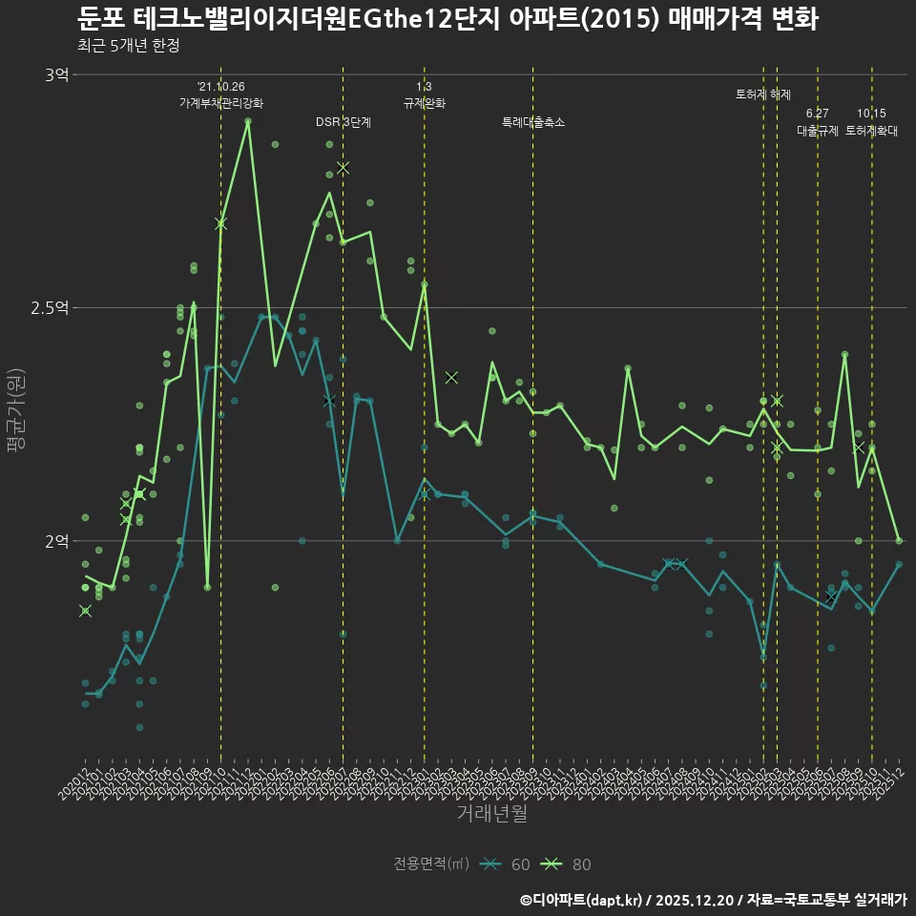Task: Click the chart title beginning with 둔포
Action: [x=447, y=19]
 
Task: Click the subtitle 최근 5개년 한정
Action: [x=128, y=46]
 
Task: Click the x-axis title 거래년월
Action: [x=491, y=814]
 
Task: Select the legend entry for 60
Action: [x=506, y=864]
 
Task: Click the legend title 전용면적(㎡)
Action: [x=431, y=864]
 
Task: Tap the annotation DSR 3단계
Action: [x=343, y=122]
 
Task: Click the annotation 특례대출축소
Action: [x=533, y=122]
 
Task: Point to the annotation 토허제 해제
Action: [x=763, y=94]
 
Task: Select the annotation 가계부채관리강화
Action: [x=221, y=103]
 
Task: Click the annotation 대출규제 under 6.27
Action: [x=818, y=132]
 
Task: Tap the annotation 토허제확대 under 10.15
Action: [x=871, y=132]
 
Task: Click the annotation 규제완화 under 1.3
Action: [x=425, y=103]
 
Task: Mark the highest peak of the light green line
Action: [x=248, y=121]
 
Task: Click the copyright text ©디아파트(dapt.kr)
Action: [x=583, y=900]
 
